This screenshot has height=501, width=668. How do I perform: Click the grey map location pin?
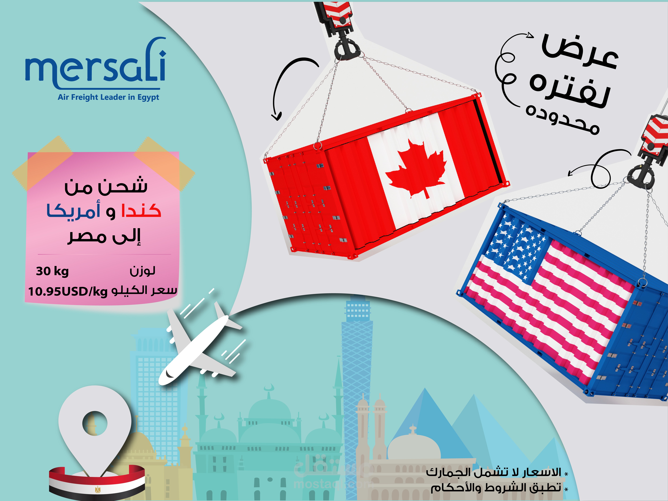coord(95,429)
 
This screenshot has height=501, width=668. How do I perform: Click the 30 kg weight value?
coord(52,271)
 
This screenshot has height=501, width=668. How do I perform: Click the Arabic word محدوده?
coord(562,119)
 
